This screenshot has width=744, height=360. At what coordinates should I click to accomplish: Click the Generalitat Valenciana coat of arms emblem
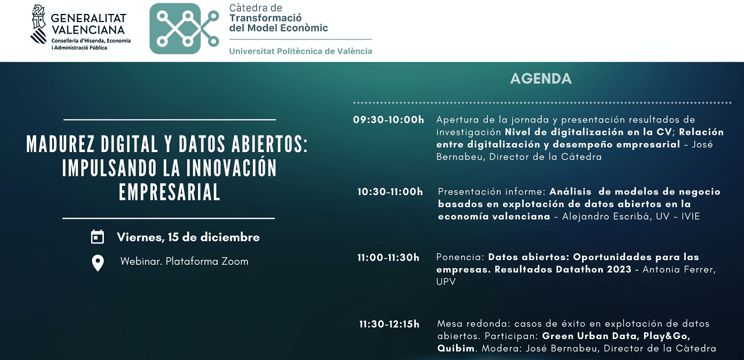point(38,24)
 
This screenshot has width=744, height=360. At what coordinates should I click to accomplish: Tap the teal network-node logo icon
point(184,28)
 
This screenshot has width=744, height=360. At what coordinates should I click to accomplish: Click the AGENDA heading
point(541,79)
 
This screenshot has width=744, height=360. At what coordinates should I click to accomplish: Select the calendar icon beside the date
point(98,237)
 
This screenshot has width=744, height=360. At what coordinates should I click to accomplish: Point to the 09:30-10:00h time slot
point(389,120)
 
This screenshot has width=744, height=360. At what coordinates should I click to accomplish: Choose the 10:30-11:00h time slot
point(390,192)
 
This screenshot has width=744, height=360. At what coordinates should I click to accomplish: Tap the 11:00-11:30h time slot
point(389,257)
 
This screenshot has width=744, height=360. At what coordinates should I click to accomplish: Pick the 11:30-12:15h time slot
point(389,324)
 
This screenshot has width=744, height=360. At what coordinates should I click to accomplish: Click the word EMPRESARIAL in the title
point(170,192)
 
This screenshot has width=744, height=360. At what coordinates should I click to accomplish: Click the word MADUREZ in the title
point(60,144)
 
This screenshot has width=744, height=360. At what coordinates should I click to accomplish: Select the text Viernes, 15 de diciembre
point(188,237)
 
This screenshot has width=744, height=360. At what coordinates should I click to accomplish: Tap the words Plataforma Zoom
point(207,261)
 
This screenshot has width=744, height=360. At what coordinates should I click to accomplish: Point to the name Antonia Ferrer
point(679,269)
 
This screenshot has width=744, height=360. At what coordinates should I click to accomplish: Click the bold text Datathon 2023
point(594,269)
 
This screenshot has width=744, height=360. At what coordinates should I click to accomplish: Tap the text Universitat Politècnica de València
point(301,51)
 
